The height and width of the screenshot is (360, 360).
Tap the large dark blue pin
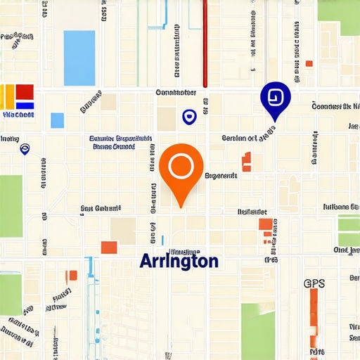(x=275, y=98)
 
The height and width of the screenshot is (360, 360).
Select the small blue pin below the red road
(x=188, y=117)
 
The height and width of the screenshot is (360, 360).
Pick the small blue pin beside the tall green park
(x=25, y=148)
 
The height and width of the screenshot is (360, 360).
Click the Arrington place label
(x=179, y=261)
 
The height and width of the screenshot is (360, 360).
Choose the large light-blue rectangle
(x=79, y=58)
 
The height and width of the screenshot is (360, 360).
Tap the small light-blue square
(x=57, y=120)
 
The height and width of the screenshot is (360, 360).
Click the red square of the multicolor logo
(x=25, y=92)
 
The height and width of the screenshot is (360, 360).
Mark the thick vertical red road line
(x=205, y=42)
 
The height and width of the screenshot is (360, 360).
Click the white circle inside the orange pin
(x=181, y=165)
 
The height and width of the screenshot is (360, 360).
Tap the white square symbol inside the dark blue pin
(x=275, y=96)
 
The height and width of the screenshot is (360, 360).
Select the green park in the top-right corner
(x=339, y=18)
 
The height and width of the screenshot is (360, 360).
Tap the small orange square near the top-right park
(x=309, y=64)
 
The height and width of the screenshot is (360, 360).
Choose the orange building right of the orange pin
(x=247, y=162)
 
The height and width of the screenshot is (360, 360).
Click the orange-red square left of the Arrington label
(x=109, y=247)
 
